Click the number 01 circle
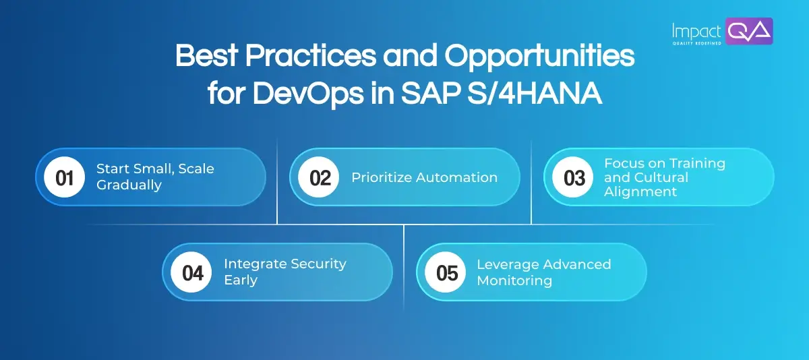click(x=64, y=178)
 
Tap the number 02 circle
click(x=319, y=178)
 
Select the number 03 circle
click(x=574, y=178)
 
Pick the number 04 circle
click(x=192, y=272)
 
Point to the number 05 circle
click(x=446, y=272)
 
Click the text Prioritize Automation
click(x=424, y=178)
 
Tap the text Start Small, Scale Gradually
click(x=155, y=177)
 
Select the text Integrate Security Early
click(x=284, y=272)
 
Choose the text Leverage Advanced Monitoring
click(x=543, y=272)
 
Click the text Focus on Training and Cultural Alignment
click(x=664, y=177)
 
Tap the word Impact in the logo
click(x=696, y=30)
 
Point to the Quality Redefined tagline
click(x=696, y=42)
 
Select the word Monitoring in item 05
click(x=514, y=280)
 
